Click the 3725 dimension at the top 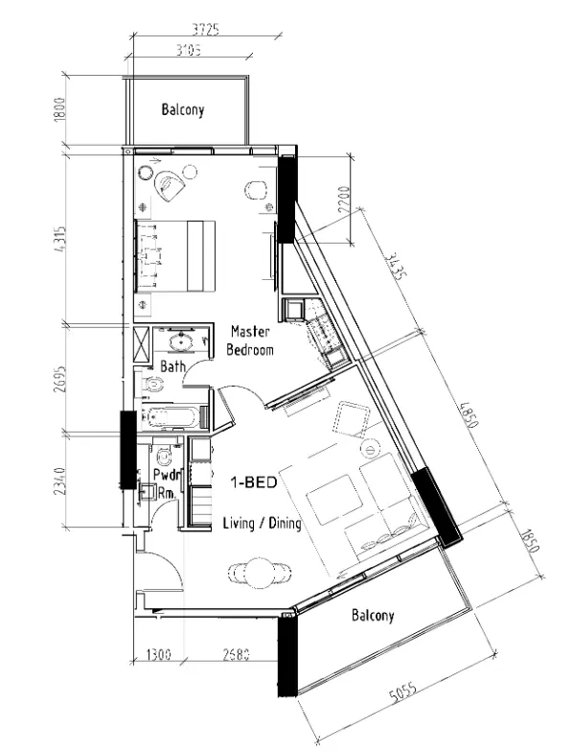199,30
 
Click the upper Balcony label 182,110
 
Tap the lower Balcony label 374,615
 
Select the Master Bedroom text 250,341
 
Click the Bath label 172,366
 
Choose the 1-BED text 253,484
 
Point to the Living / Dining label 262,524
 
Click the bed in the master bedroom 176,254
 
